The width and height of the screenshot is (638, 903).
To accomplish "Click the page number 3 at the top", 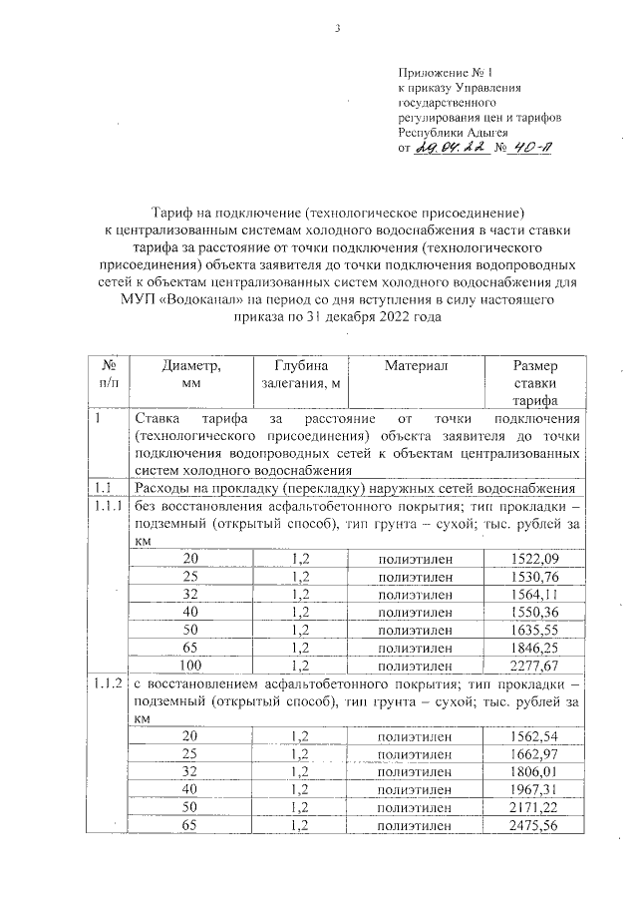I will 338,28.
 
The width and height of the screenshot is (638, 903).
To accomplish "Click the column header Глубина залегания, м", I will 300,374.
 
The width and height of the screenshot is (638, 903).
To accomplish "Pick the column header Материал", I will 416,366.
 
